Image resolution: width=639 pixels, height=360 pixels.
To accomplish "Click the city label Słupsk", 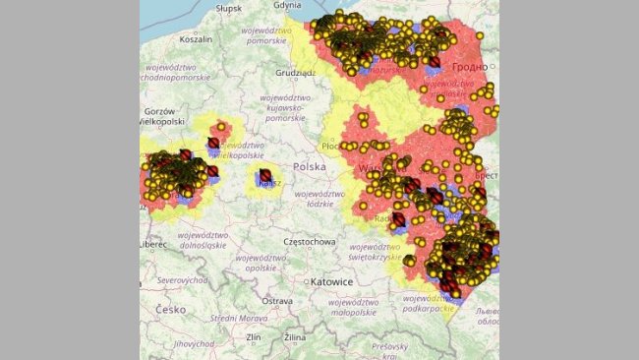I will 228,8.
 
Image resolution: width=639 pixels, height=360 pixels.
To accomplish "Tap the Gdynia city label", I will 288,5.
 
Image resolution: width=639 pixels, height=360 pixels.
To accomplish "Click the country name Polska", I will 309,167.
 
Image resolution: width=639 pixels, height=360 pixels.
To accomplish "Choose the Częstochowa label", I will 289,241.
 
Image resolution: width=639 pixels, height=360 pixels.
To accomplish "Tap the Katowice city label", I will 329,282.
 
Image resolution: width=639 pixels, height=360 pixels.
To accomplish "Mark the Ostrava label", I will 277,300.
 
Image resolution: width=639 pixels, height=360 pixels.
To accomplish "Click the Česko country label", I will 171,309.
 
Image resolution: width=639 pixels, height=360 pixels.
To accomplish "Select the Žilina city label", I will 296,337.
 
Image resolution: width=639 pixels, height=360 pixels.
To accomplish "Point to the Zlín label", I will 253,337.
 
